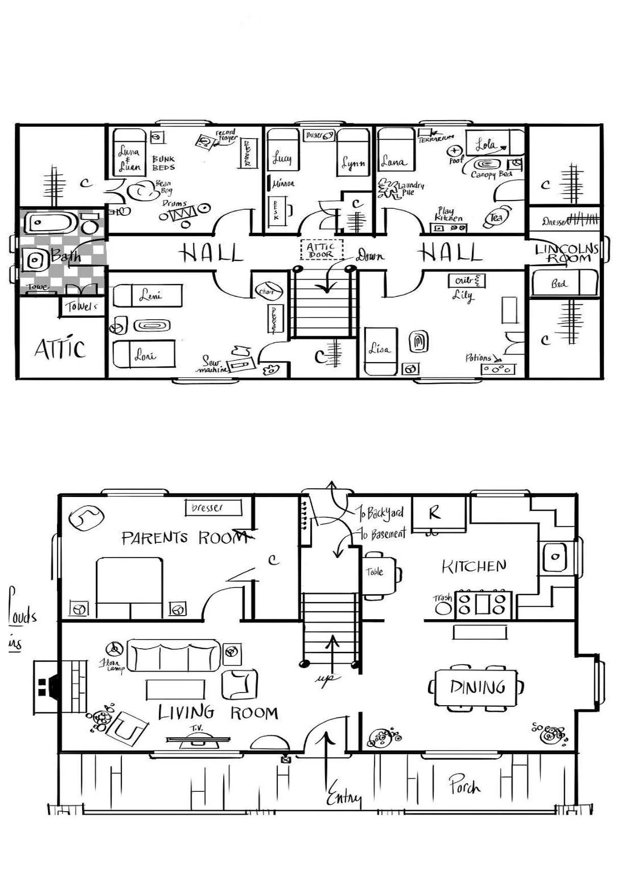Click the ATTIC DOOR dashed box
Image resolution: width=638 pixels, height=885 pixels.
coord(322,250)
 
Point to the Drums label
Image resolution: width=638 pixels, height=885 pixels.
coord(174,203)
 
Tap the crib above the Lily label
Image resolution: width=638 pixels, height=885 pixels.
coord(466,281)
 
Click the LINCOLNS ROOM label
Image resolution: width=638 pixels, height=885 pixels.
coord(566,253)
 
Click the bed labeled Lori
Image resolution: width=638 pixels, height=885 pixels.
coord(144,355)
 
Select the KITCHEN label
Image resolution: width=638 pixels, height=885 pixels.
coord(473,566)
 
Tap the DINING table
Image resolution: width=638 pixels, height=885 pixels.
coord(477,687)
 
